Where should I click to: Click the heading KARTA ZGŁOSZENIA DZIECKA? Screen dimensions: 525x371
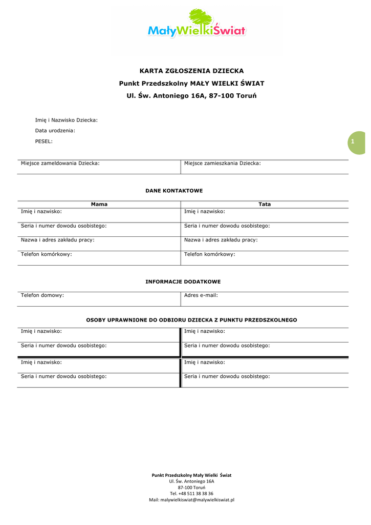192,71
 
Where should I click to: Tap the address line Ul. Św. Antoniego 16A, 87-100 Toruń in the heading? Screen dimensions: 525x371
192,96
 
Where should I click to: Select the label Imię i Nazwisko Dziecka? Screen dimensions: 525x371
66,120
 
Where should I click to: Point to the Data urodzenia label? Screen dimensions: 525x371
55,130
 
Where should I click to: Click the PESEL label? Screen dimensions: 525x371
43,141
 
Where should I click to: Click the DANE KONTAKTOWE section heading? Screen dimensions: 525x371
174,191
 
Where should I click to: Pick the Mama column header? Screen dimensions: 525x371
99,204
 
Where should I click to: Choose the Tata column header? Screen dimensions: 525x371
265,204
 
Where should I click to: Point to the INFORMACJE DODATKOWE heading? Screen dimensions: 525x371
183,281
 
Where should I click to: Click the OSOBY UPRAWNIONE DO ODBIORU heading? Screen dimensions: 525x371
191,320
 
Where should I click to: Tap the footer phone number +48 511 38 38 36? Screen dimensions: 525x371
191,493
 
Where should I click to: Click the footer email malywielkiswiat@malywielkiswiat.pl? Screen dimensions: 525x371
191,499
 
